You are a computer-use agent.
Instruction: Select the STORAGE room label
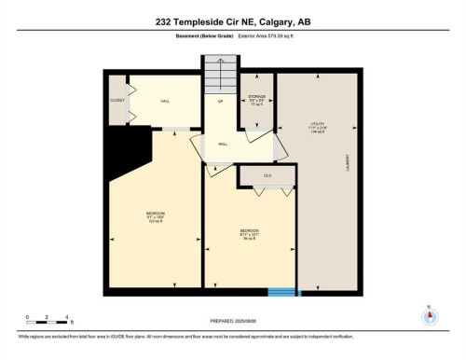[257, 99]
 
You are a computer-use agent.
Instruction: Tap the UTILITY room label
[317, 127]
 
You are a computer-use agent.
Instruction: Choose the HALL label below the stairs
[224, 145]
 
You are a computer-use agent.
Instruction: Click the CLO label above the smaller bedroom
[267, 174]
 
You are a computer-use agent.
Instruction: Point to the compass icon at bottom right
[429, 314]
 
